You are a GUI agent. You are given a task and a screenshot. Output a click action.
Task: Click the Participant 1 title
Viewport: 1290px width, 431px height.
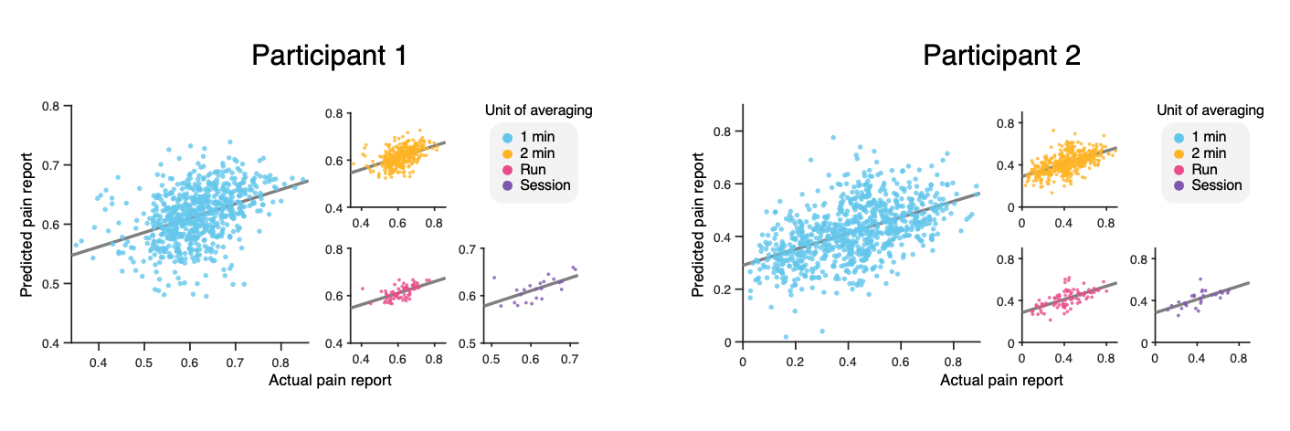[x=329, y=57]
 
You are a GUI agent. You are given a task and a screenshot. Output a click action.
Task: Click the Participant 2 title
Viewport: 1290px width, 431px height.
[x=1001, y=57]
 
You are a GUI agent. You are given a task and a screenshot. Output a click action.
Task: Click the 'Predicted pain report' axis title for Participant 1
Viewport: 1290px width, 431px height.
[x=27, y=225]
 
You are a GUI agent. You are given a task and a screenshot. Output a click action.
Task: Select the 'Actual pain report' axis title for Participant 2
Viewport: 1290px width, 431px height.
[x=1001, y=381]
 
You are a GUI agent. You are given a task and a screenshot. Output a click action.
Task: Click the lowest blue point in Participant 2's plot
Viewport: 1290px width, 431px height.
[x=786, y=337]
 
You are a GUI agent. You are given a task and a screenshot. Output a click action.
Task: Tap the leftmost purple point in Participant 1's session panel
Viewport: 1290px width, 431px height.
[x=494, y=277]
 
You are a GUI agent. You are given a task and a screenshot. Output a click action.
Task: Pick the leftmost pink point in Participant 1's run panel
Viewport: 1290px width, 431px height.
[x=362, y=289]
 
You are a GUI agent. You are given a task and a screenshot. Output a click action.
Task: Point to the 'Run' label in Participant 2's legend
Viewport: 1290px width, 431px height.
[x=1205, y=169]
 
